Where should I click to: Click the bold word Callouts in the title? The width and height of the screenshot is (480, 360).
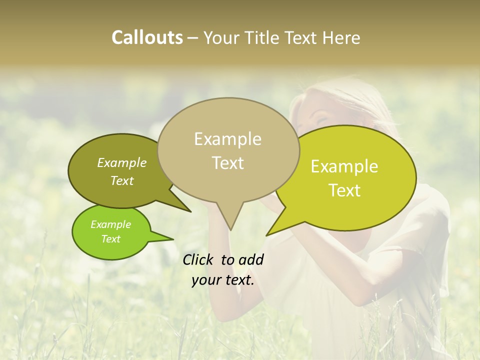pyautogui.click(x=147, y=37)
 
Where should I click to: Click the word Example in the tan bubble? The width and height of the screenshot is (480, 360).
pyautogui.click(x=227, y=139)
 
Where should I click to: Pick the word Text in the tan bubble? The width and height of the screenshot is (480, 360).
pyautogui.click(x=228, y=163)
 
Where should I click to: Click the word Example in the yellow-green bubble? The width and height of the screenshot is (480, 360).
pyautogui.click(x=344, y=166)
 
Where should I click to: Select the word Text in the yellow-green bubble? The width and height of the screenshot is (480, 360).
pyautogui.click(x=345, y=190)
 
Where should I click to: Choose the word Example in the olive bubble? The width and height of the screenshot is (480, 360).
pyautogui.click(x=122, y=162)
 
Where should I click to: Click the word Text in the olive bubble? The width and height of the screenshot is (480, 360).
pyautogui.click(x=122, y=180)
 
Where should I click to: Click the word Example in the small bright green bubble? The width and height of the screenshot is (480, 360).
pyautogui.click(x=111, y=224)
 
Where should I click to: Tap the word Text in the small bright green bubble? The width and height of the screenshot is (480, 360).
pyautogui.click(x=111, y=239)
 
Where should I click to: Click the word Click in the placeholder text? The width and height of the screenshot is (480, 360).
pyautogui.click(x=198, y=259)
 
